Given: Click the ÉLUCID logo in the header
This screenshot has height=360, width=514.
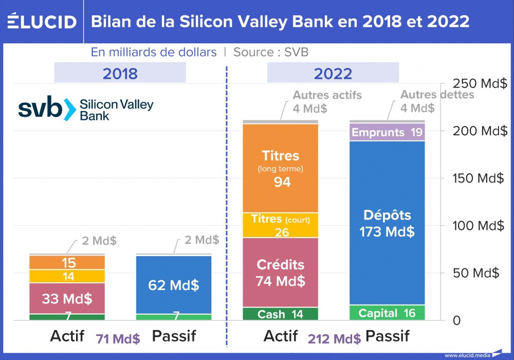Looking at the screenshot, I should (x=42, y=21).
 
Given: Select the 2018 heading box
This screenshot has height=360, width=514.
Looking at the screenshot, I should (x=120, y=73).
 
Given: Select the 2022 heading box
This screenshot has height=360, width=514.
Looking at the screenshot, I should (x=333, y=73).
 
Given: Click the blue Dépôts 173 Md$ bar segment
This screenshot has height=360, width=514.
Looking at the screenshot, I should (x=387, y=223).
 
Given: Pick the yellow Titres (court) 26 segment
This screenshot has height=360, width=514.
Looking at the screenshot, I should (x=281, y=225).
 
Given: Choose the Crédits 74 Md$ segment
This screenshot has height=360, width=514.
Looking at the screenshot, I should (x=281, y=273).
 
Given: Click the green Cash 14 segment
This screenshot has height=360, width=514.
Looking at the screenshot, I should (x=281, y=314).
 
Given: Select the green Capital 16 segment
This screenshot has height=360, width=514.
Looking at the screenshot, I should (x=387, y=313).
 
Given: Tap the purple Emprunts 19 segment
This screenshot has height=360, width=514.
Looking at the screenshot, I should (x=387, y=132).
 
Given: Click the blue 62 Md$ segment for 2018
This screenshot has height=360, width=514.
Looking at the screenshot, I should (x=174, y=284).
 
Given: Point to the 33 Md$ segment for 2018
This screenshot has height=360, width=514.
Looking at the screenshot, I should (x=67, y=298).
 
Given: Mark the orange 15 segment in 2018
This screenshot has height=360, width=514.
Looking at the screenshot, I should (x=67, y=263).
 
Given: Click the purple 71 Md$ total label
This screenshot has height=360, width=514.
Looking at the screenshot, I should (x=118, y=339).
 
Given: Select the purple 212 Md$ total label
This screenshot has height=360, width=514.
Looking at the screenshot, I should (x=334, y=339).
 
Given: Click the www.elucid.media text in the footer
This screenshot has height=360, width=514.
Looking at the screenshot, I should (x=466, y=355).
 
